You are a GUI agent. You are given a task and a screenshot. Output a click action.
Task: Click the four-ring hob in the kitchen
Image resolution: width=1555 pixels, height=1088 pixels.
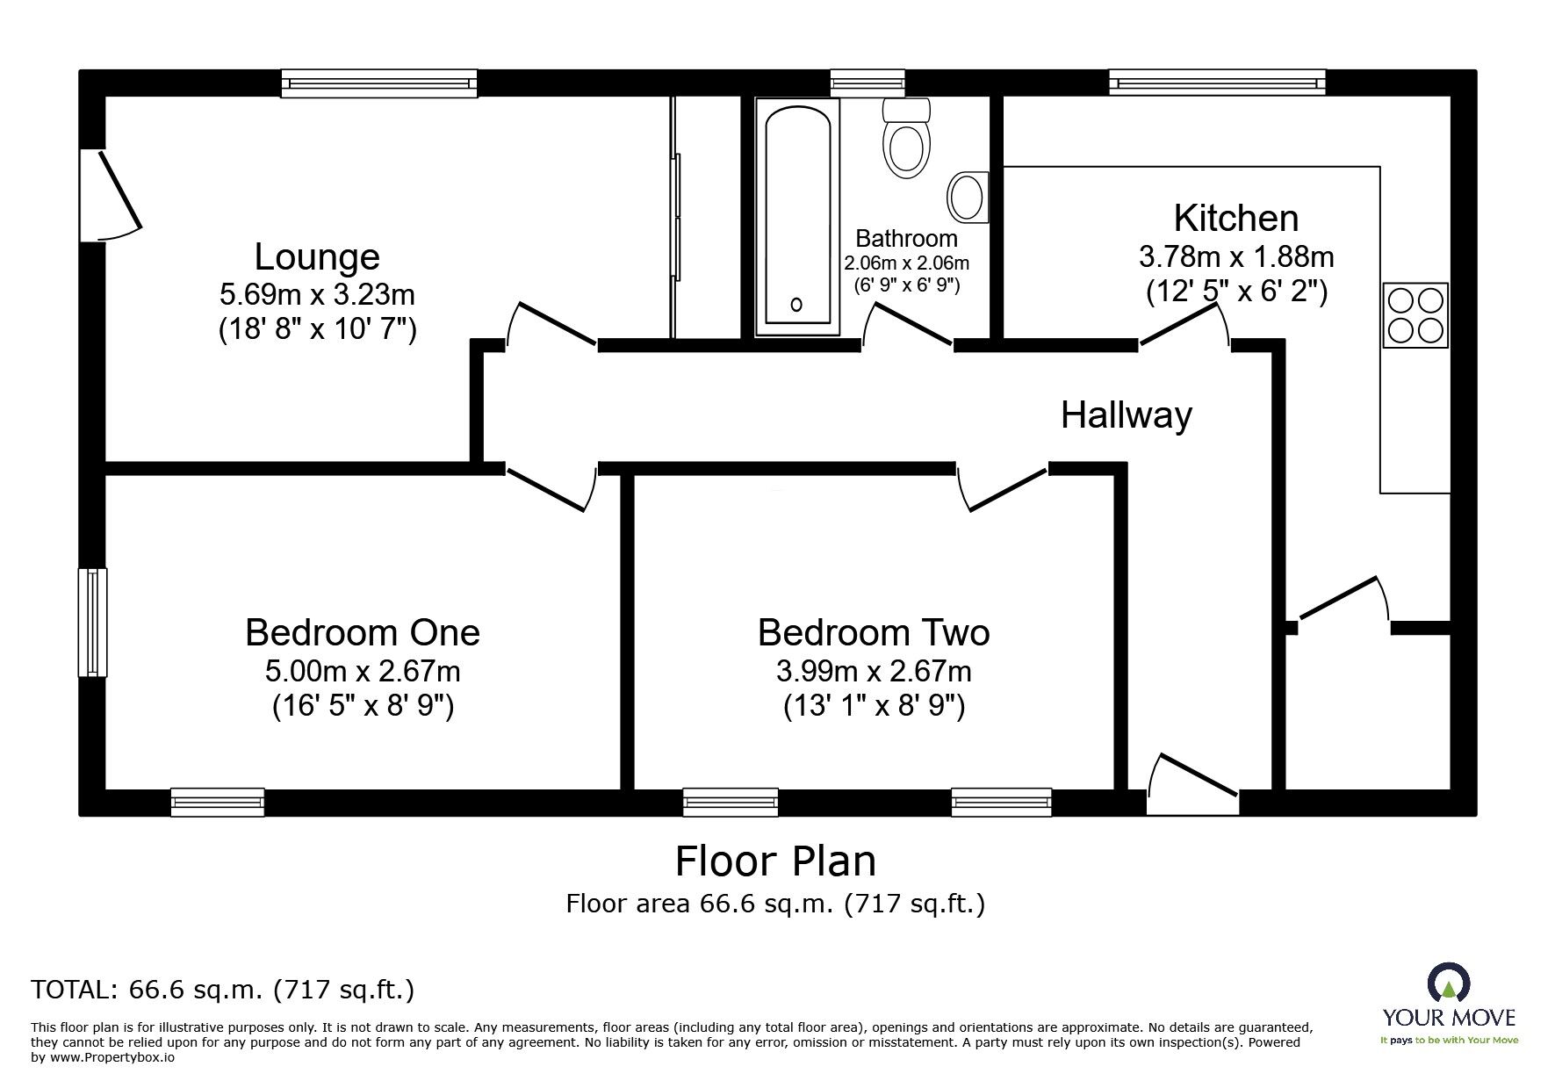(1415, 315)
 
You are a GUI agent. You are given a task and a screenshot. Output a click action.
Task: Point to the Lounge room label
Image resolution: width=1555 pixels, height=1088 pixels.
(317, 257)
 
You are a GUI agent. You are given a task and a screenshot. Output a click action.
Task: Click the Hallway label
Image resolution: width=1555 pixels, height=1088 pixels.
(1127, 414)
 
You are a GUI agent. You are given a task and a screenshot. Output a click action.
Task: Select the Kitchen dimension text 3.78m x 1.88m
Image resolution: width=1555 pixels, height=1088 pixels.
(1236, 257)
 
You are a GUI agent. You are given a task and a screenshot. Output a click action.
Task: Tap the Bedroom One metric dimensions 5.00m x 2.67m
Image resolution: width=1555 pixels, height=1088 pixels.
(363, 672)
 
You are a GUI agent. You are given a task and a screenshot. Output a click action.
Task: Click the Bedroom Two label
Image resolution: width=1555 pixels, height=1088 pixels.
(874, 632)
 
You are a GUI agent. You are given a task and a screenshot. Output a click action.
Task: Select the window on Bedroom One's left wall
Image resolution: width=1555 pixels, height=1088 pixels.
(92, 623)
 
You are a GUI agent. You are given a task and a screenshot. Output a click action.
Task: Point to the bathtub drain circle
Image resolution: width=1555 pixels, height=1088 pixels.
(796, 305)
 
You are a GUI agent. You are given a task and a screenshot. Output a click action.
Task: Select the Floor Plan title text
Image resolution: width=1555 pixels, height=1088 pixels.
(775, 861)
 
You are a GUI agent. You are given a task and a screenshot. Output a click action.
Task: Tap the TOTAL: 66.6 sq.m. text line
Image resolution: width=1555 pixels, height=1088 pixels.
(223, 991)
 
